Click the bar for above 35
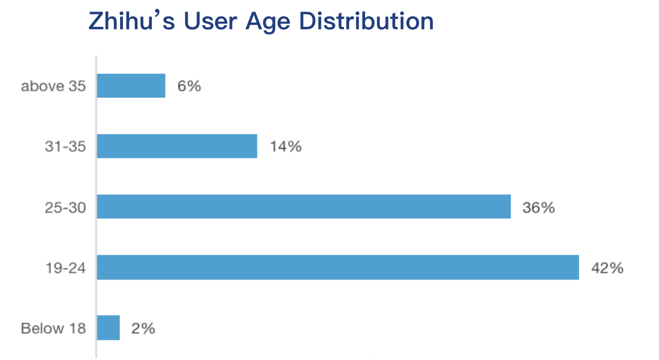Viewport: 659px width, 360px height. [x=131, y=86]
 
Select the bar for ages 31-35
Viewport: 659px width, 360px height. [x=177, y=146]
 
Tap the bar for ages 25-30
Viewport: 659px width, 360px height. [x=304, y=206]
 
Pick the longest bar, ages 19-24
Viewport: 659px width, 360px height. [x=338, y=267]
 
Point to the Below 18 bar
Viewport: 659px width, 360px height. [x=108, y=328]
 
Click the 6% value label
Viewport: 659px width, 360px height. [x=189, y=86]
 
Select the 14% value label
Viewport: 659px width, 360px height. [x=285, y=146]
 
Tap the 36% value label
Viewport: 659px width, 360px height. [x=539, y=207]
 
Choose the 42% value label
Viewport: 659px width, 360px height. [x=607, y=267]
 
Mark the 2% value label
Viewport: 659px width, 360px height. [x=143, y=328]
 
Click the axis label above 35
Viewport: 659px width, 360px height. [x=53, y=86]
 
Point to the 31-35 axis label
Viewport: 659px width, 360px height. [x=65, y=146]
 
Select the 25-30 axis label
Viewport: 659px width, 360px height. [x=65, y=207]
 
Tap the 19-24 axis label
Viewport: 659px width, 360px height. [x=65, y=267]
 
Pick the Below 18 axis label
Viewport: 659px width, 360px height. [x=53, y=328]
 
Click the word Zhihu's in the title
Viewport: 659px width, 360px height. [x=132, y=21]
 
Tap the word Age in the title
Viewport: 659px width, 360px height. [x=269, y=22]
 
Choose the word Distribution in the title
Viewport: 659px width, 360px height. [x=366, y=21]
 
